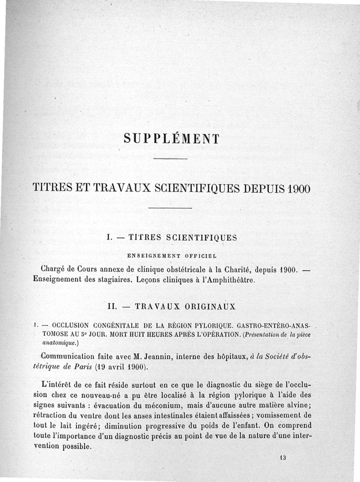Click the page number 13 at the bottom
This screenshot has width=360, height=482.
tap(283, 457)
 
